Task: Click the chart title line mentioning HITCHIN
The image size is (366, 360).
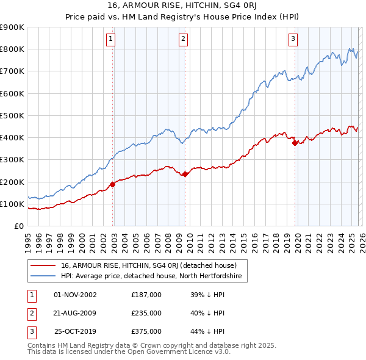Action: [x=183, y=6]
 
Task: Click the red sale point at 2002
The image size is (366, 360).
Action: [x=113, y=184]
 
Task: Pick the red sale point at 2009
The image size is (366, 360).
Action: [x=185, y=174]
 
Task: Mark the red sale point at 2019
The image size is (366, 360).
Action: [x=295, y=143]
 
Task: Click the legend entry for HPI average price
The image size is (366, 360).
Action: [x=151, y=276]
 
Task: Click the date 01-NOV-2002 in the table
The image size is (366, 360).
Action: [x=75, y=295]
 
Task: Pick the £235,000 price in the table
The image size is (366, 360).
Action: [x=146, y=313]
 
